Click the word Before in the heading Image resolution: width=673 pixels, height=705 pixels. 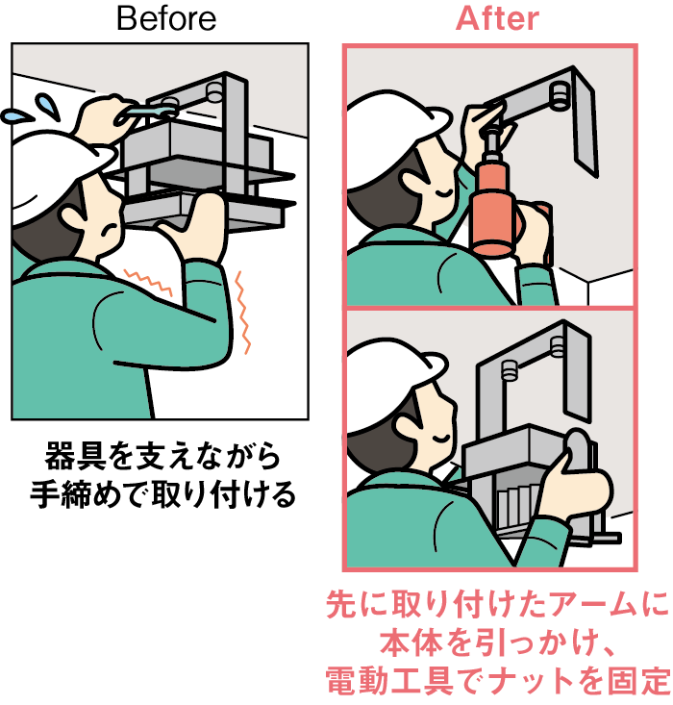166,19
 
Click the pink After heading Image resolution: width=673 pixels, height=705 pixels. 497,19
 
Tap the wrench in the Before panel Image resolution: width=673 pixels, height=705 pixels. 146,112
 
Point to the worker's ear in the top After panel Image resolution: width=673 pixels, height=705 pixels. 412,185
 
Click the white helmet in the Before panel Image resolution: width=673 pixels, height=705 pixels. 54,175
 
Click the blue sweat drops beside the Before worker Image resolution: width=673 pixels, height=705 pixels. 32,110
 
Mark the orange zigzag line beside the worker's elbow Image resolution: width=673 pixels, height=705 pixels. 243,313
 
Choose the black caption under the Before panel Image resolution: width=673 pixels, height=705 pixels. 162,475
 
